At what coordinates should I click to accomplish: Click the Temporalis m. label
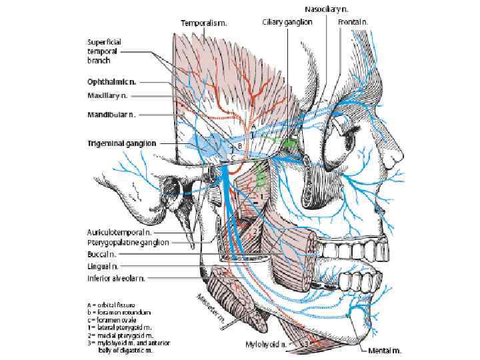[205, 23]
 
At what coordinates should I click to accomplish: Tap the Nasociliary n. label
[326, 9]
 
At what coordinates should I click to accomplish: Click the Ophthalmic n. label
[112, 82]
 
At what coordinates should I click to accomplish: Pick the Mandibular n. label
[111, 114]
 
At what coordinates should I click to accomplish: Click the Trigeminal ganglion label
[121, 143]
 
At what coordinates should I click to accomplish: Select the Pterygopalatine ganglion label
[127, 243]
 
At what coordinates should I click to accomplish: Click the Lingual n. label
[103, 265]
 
